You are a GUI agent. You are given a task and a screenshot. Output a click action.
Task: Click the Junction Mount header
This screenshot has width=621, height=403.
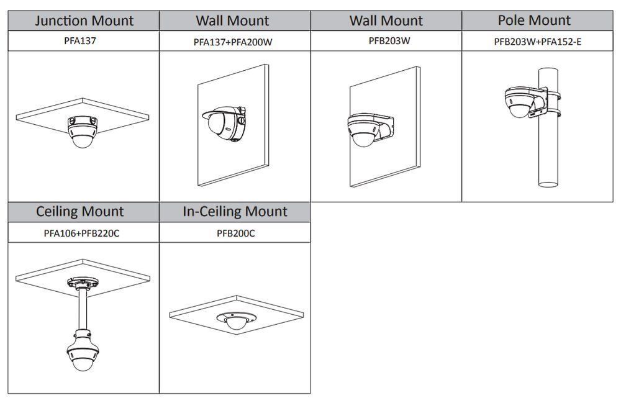tap(84, 20)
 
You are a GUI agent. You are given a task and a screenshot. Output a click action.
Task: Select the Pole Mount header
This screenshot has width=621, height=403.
tap(534, 20)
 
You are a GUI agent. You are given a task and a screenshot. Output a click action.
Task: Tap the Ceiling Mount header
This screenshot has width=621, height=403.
tap(79, 211)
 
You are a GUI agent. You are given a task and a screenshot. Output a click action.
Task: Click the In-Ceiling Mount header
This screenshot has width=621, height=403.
tap(235, 211)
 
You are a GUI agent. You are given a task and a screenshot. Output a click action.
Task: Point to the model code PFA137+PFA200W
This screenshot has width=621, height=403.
tap(233, 42)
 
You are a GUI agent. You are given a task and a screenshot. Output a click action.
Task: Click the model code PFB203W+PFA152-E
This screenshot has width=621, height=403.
tap(537, 42)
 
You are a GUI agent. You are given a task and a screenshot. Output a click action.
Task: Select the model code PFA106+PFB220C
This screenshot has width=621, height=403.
tap(81, 233)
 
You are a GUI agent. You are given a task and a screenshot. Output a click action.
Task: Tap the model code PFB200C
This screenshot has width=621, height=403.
tap(235, 233)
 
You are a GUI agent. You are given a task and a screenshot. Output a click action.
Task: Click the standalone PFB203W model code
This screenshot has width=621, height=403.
tap(389, 41)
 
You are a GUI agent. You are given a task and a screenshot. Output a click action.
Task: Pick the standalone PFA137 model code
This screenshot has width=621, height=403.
tap(80, 41)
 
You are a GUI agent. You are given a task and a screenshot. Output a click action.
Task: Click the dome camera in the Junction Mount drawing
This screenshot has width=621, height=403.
tap(83, 132)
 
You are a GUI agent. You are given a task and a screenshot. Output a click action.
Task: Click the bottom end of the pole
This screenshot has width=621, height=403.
tap(548, 184)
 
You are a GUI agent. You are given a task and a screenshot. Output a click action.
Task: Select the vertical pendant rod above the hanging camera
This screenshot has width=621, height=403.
tap(83, 309)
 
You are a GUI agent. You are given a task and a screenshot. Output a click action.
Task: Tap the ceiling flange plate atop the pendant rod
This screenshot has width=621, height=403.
tap(83, 283)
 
